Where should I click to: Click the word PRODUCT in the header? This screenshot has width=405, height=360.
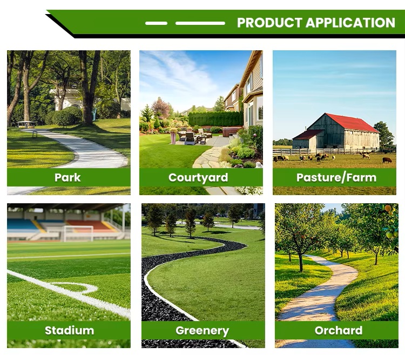pos(269,23)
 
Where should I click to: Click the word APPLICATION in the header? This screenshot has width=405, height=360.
pos(350,23)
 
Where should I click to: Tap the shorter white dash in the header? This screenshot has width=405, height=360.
pos(156,23)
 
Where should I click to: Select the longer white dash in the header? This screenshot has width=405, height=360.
pos(200,23)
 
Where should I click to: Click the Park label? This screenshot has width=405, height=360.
pos(67,177)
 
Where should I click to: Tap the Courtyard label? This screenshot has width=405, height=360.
pos(198,178)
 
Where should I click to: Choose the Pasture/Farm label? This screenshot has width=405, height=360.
pos(336,178)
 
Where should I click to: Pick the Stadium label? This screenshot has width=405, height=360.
pos(70,330)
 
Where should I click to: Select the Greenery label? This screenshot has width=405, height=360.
pos(202,331)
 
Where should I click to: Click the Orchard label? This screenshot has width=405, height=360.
pos(339,330)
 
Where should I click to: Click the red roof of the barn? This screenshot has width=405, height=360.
pos(352,122)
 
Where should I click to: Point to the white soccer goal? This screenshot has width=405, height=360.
pos(78,234)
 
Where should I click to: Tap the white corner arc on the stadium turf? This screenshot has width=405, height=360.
pos(77,287)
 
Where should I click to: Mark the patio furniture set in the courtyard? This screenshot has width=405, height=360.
pos(192,137)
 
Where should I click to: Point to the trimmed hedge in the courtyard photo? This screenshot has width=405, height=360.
pos(215,119)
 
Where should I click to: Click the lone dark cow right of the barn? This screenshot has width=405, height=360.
pos(387,160)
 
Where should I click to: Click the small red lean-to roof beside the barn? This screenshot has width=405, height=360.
pos(307,135)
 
